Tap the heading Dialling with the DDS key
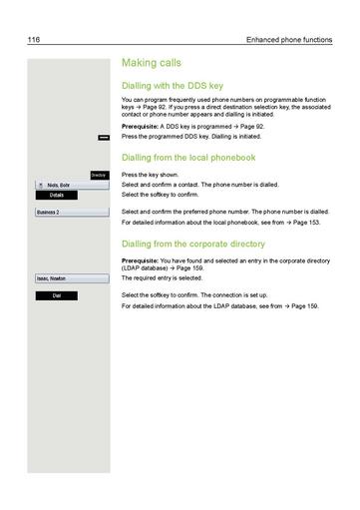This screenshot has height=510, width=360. point(179,86)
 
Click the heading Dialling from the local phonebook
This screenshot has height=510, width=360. point(187,158)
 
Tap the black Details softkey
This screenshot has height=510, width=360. point(57,195)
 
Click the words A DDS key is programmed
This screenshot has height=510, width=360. point(203,127)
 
